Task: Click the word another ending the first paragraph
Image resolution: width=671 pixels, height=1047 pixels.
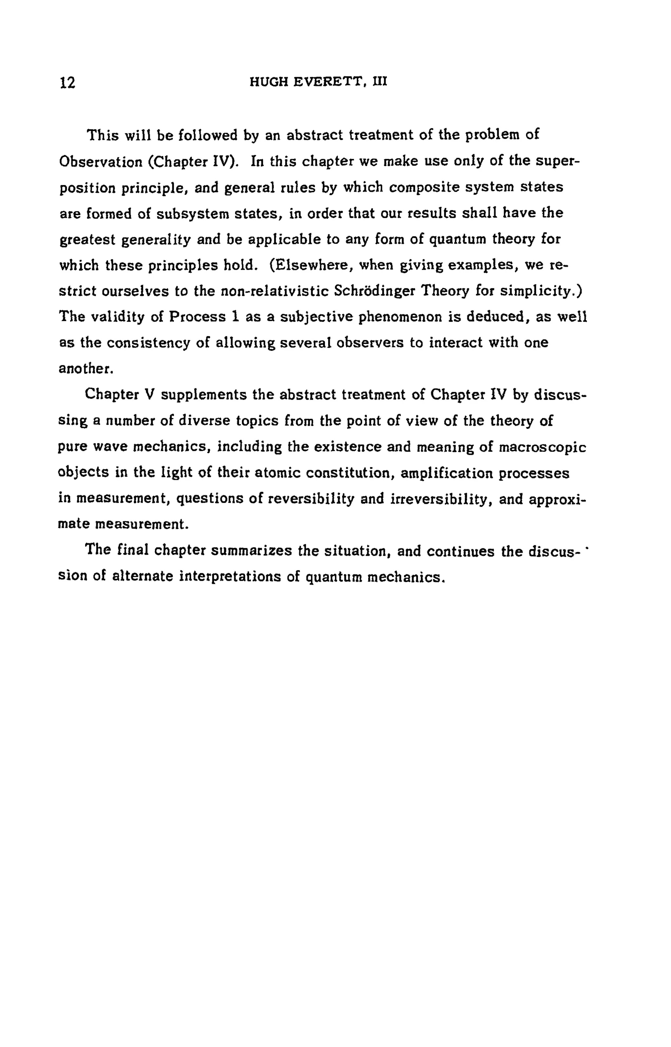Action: point(86,369)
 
